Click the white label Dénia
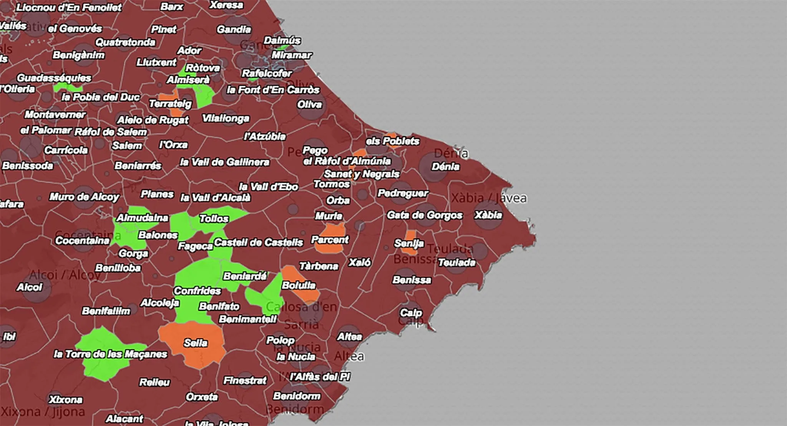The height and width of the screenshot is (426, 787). click(x=445, y=167)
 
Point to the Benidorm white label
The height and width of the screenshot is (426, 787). click(x=296, y=396)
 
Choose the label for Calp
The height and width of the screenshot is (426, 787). click(x=411, y=312)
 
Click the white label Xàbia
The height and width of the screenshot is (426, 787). click(x=488, y=215)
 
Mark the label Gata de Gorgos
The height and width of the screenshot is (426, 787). click(x=424, y=215)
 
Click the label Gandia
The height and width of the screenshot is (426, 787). click(x=234, y=30)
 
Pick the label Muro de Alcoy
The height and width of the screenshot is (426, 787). click(x=84, y=197)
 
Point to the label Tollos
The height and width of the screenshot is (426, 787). click(x=214, y=219)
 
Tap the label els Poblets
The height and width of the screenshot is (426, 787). click(x=392, y=141)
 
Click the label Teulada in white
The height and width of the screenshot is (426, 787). click(x=457, y=262)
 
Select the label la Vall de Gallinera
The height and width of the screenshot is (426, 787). click(x=224, y=162)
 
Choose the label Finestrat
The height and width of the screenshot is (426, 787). click(x=245, y=381)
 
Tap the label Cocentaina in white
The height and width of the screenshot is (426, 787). click(x=82, y=241)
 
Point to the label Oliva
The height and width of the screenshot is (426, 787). click(x=309, y=104)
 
